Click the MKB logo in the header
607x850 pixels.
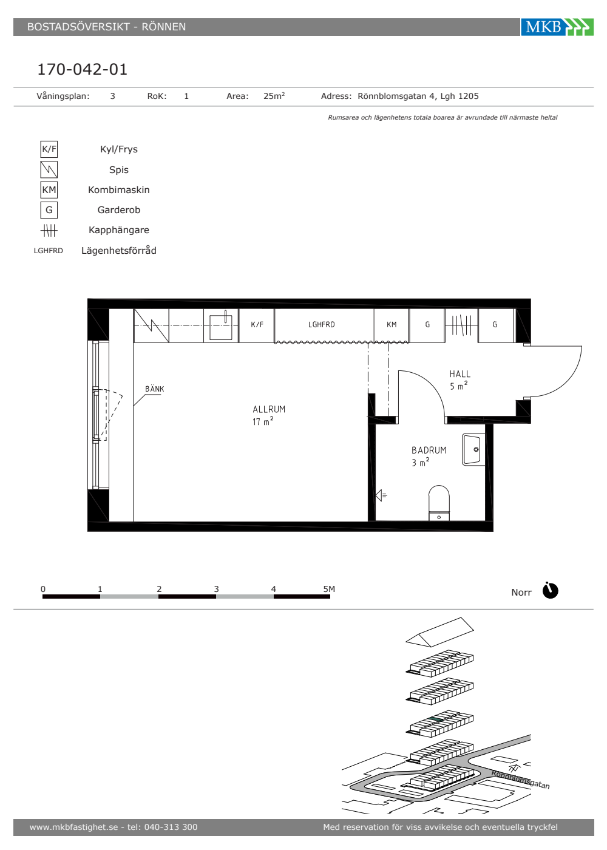(557, 27)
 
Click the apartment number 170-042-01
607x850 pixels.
(83, 69)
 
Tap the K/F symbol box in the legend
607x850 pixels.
(49, 149)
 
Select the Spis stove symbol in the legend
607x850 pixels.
(49, 169)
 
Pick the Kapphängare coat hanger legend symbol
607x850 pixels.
(49, 230)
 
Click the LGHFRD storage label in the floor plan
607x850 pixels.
(321, 324)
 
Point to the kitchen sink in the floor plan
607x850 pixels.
(221, 326)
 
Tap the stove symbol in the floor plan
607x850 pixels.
(151, 325)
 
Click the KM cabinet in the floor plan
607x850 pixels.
(392, 325)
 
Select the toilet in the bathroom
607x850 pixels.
(439, 503)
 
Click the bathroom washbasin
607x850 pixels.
(473, 450)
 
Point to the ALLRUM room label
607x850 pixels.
(269, 409)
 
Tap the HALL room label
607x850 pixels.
(460, 374)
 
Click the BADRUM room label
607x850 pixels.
(429, 450)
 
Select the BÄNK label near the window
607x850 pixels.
(154, 389)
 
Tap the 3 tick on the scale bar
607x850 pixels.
(216, 589)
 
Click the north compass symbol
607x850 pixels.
(550, 590)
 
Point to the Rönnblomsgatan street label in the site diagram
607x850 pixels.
(520, 780)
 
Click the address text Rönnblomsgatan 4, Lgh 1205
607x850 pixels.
(418, 97)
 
